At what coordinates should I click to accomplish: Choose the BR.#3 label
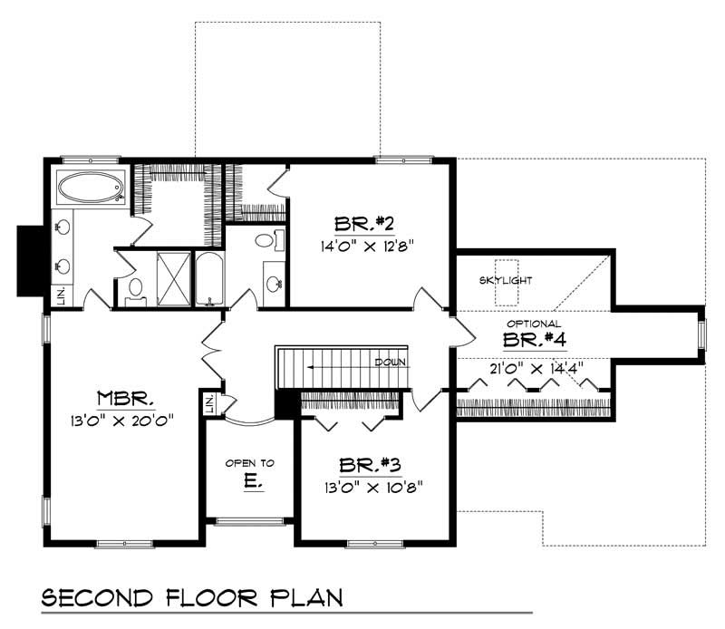[371, 465]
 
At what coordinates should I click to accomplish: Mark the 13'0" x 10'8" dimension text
[371, 485]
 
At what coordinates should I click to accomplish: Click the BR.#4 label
[534, 340]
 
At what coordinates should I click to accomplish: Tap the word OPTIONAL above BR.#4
[534, 324]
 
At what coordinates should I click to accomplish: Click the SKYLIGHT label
[506, 280]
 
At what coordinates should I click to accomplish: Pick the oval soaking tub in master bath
[91, 188]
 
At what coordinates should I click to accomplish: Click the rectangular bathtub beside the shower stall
[208, 278]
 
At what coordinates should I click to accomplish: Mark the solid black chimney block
[30, 260]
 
